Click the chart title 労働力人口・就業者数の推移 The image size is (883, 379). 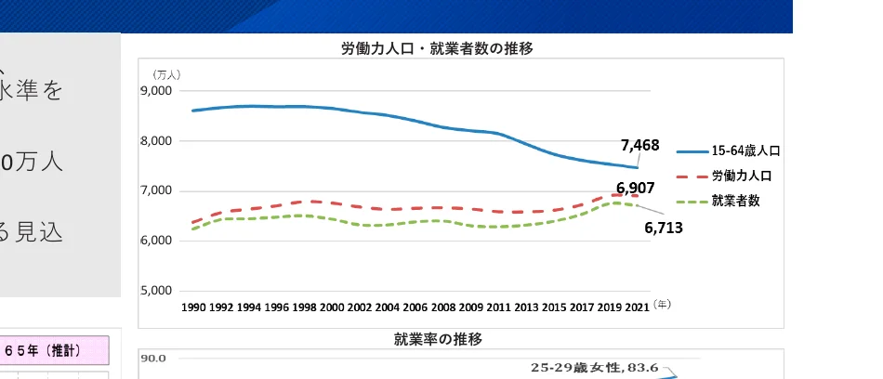(437, 48)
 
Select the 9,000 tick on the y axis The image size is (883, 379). (157, 91)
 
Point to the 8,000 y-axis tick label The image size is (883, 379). (157, 141)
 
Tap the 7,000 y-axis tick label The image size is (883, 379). (157, 191)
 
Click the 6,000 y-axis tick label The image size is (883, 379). (157, 241)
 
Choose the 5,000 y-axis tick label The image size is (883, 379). (157, 291)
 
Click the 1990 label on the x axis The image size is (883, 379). (194, 307)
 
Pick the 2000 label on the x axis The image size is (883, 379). (332, 307)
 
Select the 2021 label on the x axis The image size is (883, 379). (637, 307)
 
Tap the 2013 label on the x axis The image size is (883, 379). (526, 307)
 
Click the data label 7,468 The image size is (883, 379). (639, 145)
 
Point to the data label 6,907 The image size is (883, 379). (636, 189)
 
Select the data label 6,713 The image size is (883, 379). (664, 226)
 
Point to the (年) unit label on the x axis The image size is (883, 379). (662, 304)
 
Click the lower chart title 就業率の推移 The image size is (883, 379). (438, 339)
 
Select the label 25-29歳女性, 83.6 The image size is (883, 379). (594, 368)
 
